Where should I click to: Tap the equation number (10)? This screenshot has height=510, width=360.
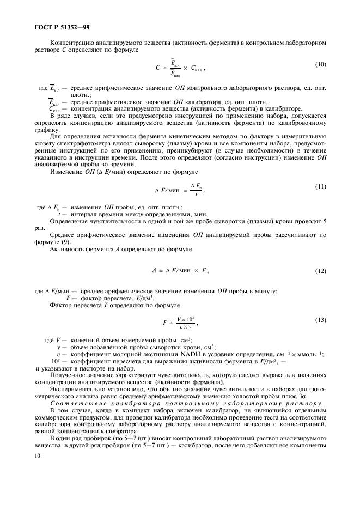pyautogui.click(x=321, y=64)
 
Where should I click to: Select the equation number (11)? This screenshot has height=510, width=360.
pyautogui.click(x=321, y=186)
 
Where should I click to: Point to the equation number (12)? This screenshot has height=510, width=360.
pyautogui.click(x=321, y=271)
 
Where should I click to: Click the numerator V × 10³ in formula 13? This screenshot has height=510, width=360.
pyautogui.click(x=186, y=319)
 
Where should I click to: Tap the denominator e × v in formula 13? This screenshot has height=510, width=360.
pyautogui.click(x=186, y=327)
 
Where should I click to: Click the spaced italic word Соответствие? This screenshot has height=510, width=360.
pyautogui.click(x=75, y=403)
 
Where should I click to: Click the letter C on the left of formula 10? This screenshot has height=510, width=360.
pyautogui.click(x=157, y=69)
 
